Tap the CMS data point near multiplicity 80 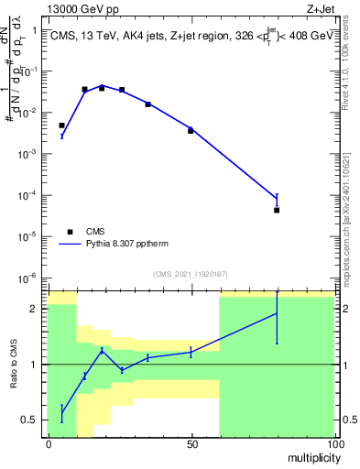(x=277, y=210)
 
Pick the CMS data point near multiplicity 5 (x=61, y=125)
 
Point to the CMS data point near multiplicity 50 (x=191, y=131)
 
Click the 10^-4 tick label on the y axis (x=31, y=195)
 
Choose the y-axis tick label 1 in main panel (x=35, y=30)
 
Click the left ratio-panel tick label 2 (x=38, y=309)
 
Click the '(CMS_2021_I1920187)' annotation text (x=191, y=273)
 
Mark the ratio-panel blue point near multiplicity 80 (x=277, y=314)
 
